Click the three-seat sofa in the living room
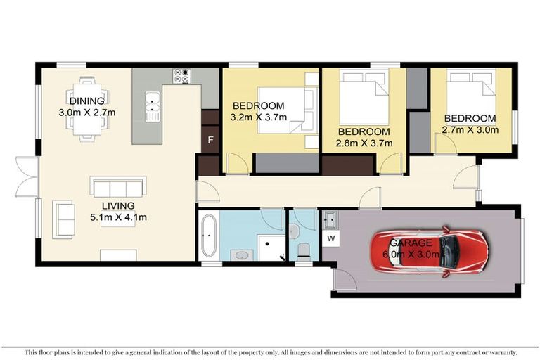point(117,187)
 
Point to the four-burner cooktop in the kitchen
point(181,75)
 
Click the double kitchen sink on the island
point(153,106)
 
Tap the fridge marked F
point(210,140)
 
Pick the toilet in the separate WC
point(304,249)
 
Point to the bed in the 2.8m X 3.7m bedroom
point(364,97)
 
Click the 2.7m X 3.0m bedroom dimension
point(470,129)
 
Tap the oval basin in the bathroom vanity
point(242,255)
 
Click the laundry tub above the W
point(330,219)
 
